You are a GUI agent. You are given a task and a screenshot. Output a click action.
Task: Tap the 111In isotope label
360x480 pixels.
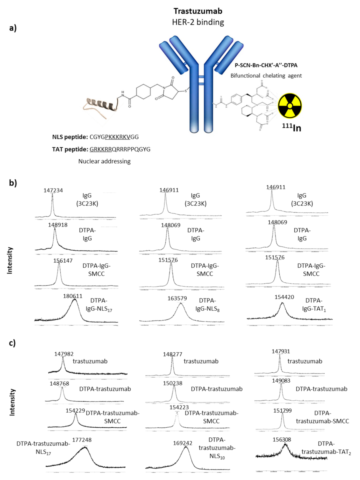(x=291, y=127)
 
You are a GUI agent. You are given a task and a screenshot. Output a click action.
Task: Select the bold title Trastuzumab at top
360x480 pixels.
(x=198, y=11)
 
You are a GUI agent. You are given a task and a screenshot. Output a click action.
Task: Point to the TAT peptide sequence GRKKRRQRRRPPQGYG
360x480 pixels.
(x=120, y=149)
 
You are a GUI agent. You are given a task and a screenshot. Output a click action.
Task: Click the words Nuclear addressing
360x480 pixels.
(x=104, y=161)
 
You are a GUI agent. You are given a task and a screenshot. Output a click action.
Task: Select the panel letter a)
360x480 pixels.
(x=13, y=28)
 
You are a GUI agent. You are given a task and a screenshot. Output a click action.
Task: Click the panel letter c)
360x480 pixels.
(x=12, y=343)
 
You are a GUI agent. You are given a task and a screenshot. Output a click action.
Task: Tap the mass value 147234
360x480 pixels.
(x=53, y=190)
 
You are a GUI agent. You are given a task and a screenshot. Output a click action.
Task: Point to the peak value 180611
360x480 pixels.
(x=73, y=296)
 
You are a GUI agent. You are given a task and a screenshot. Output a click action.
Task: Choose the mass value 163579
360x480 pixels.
(x=177, y=298)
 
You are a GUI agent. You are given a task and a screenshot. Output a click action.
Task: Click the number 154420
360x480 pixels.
(x=284, y=297)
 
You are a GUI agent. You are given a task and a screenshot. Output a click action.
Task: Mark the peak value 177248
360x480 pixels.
(x=82, y=440)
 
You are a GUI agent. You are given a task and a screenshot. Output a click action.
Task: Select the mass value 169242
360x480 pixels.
(x=183, y=443)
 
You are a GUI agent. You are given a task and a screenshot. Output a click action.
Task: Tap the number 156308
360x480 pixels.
(x=282, y=439)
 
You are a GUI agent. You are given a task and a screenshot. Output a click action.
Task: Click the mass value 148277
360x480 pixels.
(x=172, y=354)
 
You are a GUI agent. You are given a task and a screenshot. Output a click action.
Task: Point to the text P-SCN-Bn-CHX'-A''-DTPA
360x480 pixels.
(x=266, y=65)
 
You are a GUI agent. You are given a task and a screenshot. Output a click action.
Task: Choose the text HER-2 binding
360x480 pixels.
(x=198, y=22)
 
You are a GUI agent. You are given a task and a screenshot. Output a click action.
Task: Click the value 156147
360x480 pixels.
(x=63, y=261)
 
